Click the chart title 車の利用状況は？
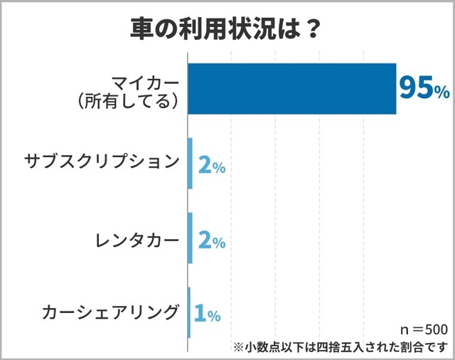coord(226,28)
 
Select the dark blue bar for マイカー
coord(291,88)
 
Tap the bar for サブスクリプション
coord(191,163)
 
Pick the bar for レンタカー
coord(191,238)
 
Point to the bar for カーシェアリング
coord(189,312)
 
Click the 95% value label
coord(423,88)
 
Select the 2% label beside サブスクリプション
coord(211,166)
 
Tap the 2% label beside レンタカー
coord(211,240)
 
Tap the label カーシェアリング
coord(109,312)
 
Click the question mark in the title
coord(311,28)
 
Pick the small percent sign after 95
coord(441,92)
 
